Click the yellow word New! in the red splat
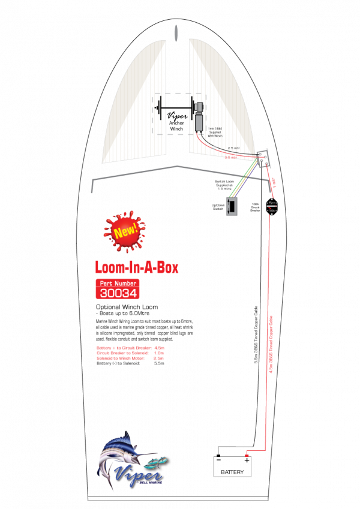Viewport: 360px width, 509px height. [x=125, y=231]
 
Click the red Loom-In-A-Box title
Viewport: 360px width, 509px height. [x=136, y=267]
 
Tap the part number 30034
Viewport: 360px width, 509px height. [x=118, y=293]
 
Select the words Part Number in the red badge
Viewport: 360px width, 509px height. [x=118, y=283]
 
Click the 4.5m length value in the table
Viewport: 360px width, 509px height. [x=159, y=348]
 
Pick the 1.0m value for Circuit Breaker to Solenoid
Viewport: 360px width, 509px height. [x=159, y=353]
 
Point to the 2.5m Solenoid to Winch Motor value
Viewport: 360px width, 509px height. [x=159, y=358]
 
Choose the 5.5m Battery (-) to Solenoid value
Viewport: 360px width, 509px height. [x=159, y=363]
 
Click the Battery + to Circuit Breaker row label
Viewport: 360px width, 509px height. [x=123, y=348]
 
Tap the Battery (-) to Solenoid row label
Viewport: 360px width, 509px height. [x=118, y=363]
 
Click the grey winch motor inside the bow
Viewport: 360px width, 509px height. [x=199, y=121]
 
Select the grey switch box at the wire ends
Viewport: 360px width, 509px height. [x=232, y=206]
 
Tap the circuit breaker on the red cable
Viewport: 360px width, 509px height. [x=272, y=206]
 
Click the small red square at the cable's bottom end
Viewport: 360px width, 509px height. [x=247, y=456]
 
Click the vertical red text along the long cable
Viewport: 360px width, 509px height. [x=272, y=348]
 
